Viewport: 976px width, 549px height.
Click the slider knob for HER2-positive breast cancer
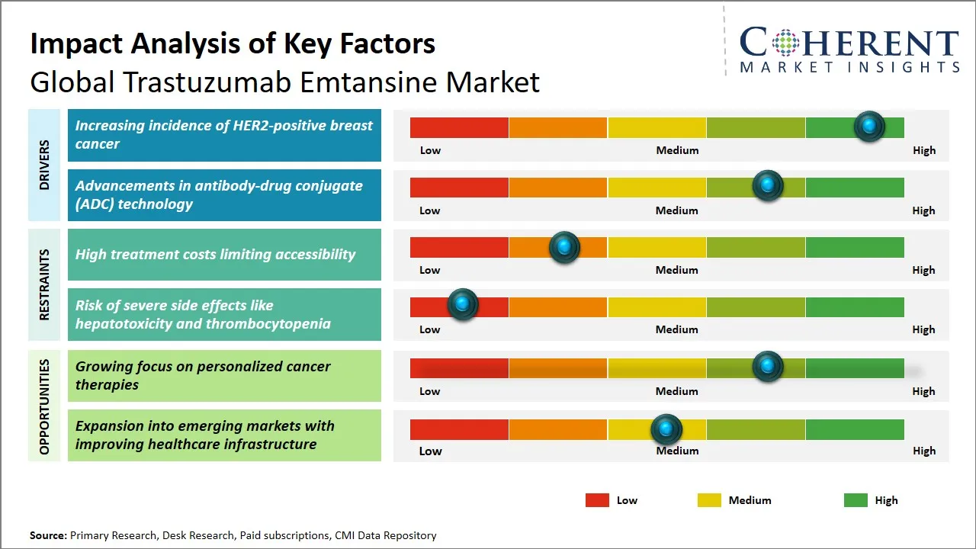(868, 126)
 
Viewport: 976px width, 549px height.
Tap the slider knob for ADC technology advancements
(767, 185)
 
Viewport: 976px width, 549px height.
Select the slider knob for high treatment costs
(563, 246)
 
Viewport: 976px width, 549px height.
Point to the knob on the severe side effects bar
(461, 305)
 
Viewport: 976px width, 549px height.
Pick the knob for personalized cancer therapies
(767, 366)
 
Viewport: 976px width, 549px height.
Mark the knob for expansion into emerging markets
(666, 429)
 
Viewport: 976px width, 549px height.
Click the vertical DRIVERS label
(44, 165)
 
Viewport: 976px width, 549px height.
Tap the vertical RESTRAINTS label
(44, 284)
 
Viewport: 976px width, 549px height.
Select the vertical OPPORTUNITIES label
(44, 406)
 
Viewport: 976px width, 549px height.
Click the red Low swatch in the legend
(597, 500)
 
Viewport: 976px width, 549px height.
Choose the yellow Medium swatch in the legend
(709, 500)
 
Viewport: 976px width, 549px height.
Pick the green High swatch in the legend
(856, 500)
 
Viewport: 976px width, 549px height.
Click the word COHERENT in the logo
(849, 43)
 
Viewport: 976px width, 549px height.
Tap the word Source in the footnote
(47, 536)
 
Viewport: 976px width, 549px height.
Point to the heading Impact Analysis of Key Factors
(233, 43)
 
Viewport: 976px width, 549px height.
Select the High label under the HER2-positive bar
(923, 150)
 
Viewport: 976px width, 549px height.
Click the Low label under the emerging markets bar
(430, 451)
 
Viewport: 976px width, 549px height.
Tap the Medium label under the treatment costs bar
(676, 270)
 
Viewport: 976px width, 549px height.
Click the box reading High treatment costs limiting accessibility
(224, 255)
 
